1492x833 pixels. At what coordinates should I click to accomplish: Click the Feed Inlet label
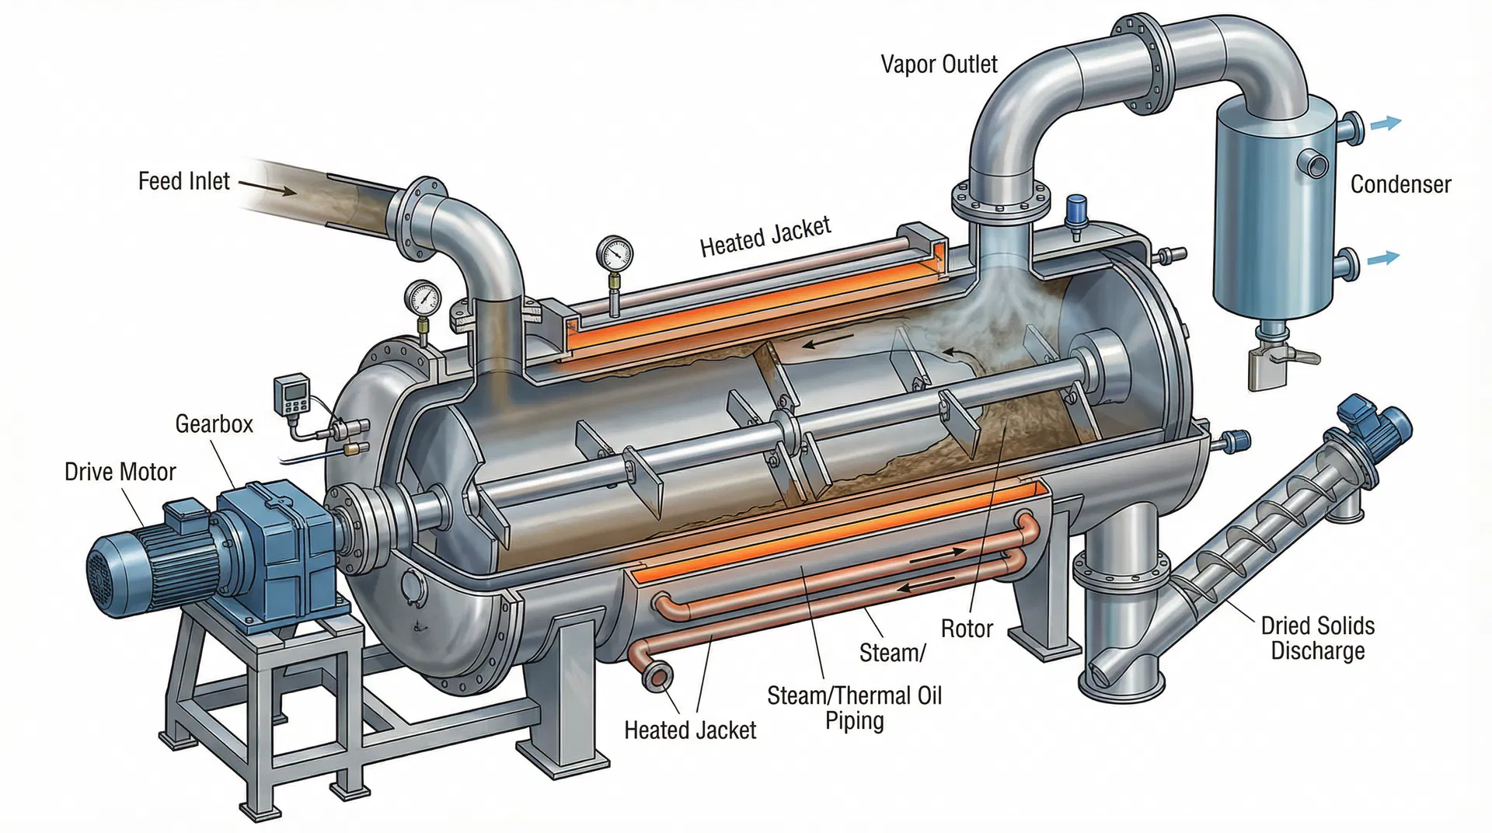pos(183,181)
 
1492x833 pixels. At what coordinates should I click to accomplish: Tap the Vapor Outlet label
pos(939,64)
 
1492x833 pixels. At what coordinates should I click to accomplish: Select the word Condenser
pos(1400,184)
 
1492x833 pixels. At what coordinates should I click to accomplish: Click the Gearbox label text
pos(214,423)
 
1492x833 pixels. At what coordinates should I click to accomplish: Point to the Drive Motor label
pos(120,472)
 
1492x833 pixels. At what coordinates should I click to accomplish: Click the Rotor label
pos(967,629)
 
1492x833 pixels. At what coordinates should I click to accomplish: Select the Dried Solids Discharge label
pos(1317,638)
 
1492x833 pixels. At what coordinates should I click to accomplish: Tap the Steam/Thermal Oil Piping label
pos(854,707)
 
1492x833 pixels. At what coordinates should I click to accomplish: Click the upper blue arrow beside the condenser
pos(1385,123)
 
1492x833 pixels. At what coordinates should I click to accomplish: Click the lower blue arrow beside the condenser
pos(1382,259)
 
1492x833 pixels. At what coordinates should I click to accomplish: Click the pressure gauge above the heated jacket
pos(615,253)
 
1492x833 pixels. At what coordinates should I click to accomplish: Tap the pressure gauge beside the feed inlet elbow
pos(422,298)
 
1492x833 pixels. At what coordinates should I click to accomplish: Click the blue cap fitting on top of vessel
pos(1077,210)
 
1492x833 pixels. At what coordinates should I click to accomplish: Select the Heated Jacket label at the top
pos(765,236)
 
